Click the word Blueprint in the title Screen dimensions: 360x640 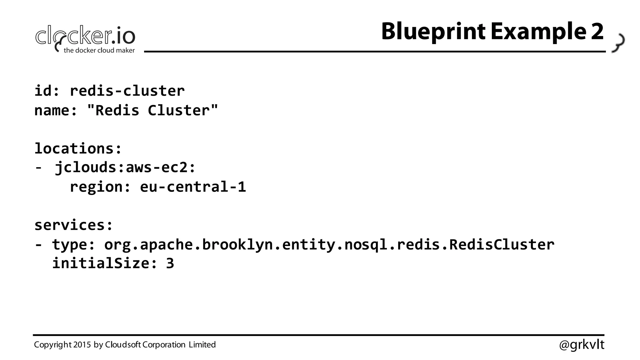[x=433, y=32]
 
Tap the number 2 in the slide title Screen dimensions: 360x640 [x=597, y=32]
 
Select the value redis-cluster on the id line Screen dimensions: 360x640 [x=127, y=91]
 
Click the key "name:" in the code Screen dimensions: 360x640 [x=56, y=110]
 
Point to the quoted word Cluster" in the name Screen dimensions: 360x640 [x=182, y=110]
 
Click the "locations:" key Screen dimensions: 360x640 [x=78, y=148]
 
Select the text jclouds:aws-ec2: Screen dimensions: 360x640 [x=125, y=167]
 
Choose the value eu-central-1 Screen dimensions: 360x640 [x=193, y=187]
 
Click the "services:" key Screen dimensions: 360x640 [x=73, y=225]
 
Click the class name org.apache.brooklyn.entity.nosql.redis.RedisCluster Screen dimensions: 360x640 [x=329, y=244]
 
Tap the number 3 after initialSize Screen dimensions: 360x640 [x=170, y=263]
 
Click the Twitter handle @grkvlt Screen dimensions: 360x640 [x=582, y=345]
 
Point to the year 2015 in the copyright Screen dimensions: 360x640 [x=82, y=345]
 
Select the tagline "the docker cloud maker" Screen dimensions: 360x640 [x=99, y=50]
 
